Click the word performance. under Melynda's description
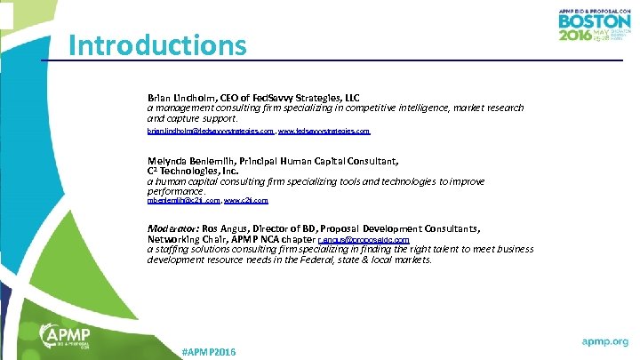coord(176,191)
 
